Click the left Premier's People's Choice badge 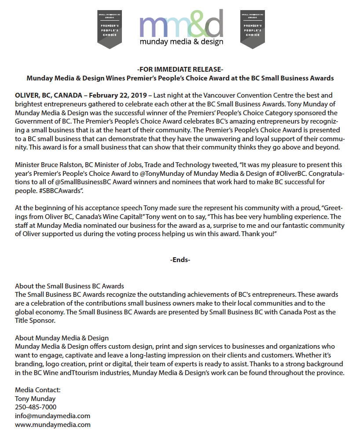tap(110, 29)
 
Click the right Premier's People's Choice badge tap(253, 29)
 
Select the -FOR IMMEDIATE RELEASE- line tap(180, 69)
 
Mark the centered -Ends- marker tap(180, 260)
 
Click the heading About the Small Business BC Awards tap(70, 286)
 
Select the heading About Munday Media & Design tap(62, 338)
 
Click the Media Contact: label tap(38, 390)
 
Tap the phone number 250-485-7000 tap(36, 407)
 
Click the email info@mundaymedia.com tap(53, 416)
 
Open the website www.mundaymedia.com tap(53, 424)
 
